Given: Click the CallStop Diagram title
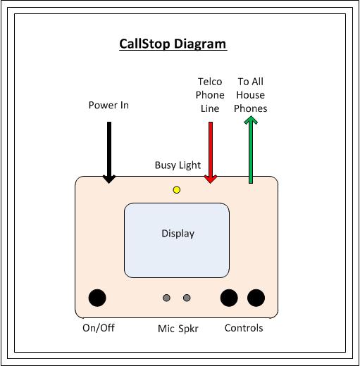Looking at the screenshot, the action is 173,44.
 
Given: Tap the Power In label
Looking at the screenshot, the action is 108,105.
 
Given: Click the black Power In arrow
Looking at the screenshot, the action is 109,153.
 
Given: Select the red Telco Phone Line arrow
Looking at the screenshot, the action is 211,153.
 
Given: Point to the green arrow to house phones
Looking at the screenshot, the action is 251,150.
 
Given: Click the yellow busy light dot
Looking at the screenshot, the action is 177,190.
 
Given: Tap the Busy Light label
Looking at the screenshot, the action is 178,165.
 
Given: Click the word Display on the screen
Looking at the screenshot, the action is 178,234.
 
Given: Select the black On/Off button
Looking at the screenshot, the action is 97,298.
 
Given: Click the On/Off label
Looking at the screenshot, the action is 99,328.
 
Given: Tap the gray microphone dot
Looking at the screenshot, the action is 166,298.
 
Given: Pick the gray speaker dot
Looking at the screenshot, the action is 187,298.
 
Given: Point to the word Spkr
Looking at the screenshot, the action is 188,329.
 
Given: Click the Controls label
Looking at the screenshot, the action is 244,328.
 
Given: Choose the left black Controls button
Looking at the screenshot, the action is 229,298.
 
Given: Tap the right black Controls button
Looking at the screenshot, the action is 256,298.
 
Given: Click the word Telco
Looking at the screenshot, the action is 210,82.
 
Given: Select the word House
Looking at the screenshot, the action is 251,95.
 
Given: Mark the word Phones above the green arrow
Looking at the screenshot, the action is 251,108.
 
